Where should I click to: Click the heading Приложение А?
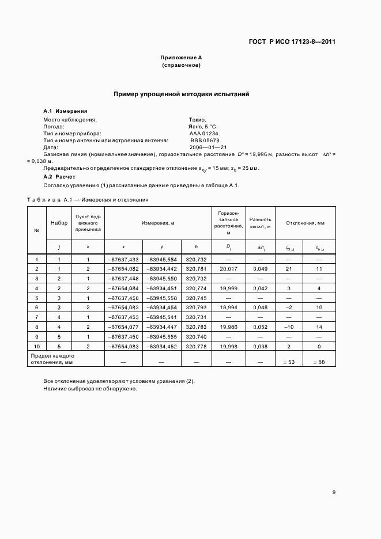click(182, 58)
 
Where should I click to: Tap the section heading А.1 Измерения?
click(65, 111)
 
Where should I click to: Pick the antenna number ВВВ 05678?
click(205, 140)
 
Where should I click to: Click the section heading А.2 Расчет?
click(59, 177)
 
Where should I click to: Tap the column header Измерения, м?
click(158, 222)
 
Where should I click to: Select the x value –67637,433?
click(123, 260)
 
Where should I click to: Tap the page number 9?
click(334, 492)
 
